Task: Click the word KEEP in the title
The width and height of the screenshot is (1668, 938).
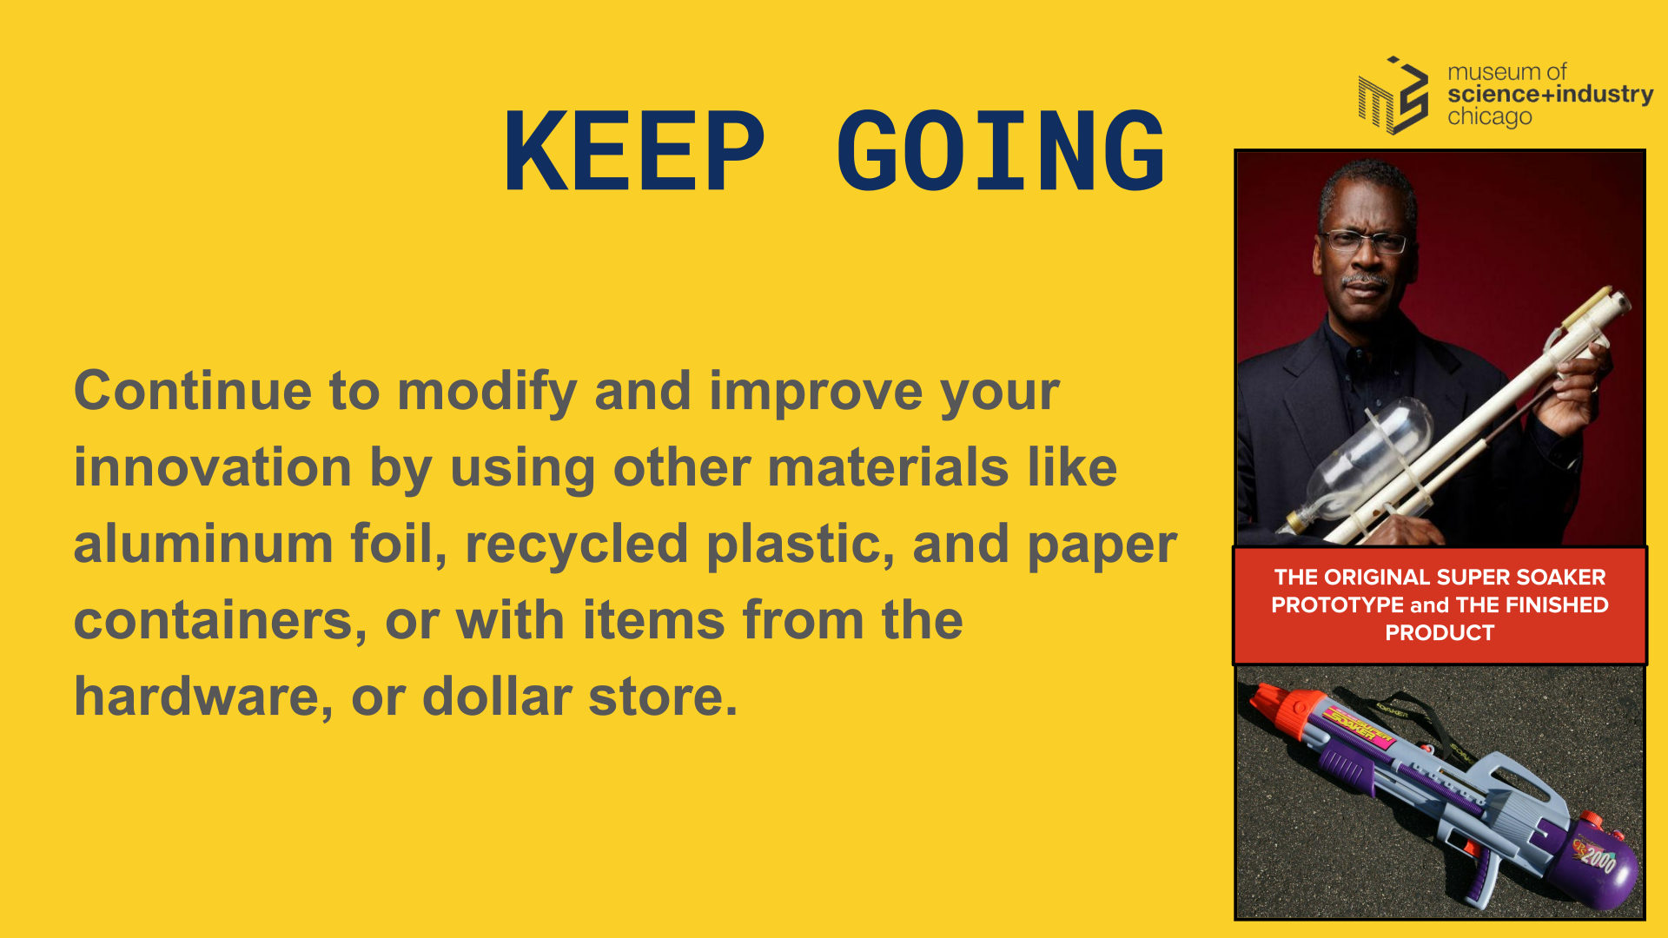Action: click(x=634, y=151)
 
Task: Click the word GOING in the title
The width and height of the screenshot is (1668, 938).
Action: click(x=1001, y=151)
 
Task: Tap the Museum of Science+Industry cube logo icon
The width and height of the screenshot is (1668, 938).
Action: click(x=1393, y=96)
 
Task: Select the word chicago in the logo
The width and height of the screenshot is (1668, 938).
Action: click(x=1489, y=116)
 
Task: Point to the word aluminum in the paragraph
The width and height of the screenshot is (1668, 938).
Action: click(x=203, y=544)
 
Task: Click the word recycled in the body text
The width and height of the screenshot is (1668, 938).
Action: click(x=577, y=545)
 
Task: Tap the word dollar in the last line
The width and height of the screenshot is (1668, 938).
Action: click(x=497, y=697)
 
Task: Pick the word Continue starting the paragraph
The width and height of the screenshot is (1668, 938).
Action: click(x=193, y=391)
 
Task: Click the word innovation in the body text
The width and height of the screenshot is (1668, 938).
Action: click(x=213, y=467)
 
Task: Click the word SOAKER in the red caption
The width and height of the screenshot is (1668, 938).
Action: click(x=1564, y=577)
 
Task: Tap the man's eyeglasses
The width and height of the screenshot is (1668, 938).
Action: click(x=1364, y=241)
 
